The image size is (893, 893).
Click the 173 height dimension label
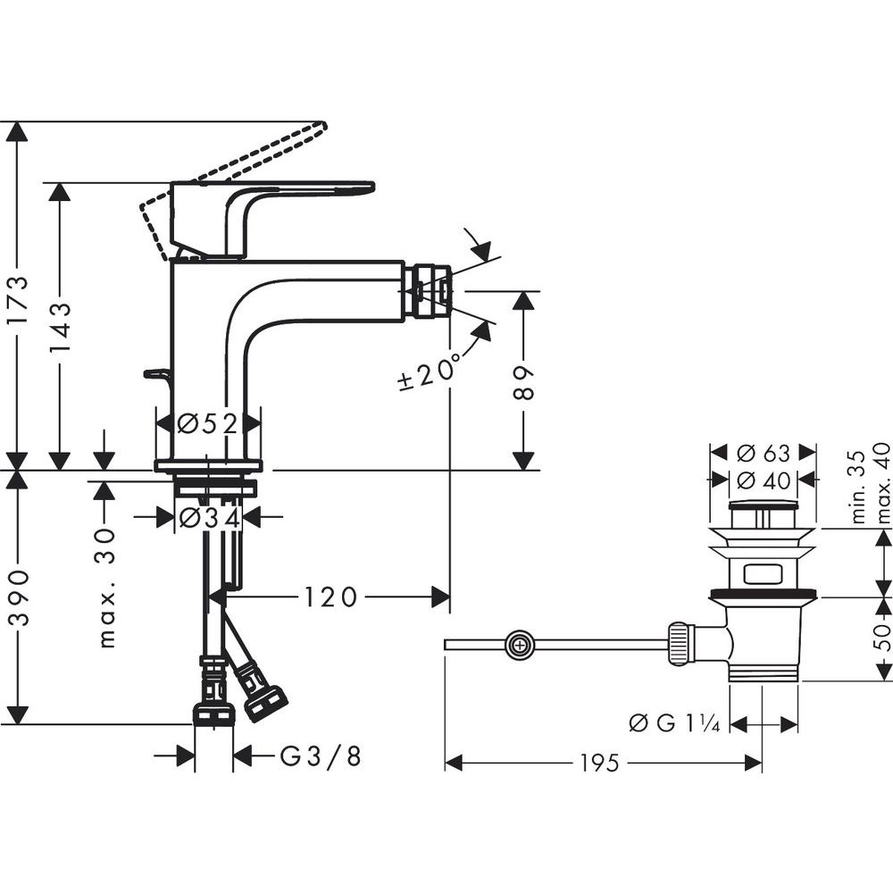tap(20, 300)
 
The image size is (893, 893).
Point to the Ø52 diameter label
tap(207, 423)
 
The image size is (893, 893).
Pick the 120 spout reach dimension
tap(330, 597)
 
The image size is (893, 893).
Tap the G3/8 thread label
tap(321, 756)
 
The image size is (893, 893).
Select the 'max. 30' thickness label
tap(106, 588)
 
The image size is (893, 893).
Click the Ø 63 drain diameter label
tap(764, 454)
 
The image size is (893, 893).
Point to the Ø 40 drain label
tap(764, 480)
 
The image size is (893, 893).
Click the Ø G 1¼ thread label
tap(674, 724)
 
